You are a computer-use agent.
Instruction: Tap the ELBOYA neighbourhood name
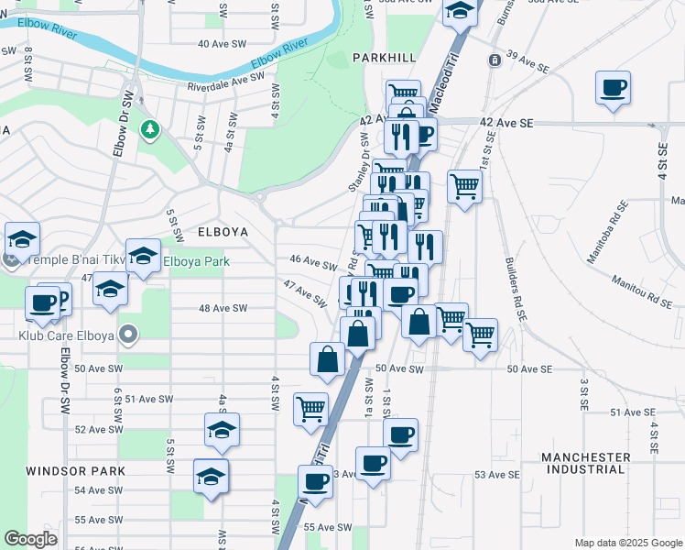click(223, 233)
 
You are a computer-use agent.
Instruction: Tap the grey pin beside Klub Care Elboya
click(129, 336)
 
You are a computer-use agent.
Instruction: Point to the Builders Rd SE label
click(516, 288)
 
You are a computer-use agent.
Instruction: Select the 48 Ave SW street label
click(223, 309)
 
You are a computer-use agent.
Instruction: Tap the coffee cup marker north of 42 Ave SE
click(613, 89)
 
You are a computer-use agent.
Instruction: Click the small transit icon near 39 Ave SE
click(495, 60)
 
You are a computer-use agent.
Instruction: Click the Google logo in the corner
click(30, 539)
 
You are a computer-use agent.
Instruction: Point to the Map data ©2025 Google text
click(627, 543)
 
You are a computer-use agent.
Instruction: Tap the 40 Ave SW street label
click(223, 43)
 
